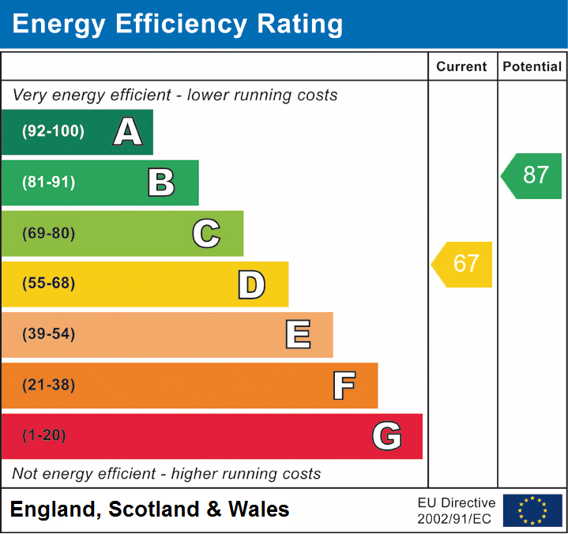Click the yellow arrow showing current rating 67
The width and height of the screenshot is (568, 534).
point(463,264)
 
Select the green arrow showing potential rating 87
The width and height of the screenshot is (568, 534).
point(532,175)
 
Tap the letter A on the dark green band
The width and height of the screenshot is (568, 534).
point(127,132)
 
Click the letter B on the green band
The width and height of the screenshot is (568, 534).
point(161,182)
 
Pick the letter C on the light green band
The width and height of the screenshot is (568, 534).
point(206,233)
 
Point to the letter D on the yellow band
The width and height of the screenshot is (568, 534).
point(251,284)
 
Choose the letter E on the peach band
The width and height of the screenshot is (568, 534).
point(297,335)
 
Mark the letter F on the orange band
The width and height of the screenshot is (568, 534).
point(343,385)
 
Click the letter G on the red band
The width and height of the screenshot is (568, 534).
point(387,436)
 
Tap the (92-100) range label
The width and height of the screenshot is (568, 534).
point(53,132)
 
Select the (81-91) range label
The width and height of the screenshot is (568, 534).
point(49,182)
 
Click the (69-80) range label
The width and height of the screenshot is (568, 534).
point(49,233)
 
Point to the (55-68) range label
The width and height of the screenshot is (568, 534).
point(49,284)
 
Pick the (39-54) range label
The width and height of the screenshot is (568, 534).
point(49,334)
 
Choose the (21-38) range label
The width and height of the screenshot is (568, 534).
point(49,385)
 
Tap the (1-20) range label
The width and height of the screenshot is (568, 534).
point(44,435)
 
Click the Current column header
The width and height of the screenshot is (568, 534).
point(463,67)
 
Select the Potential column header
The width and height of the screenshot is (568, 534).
point(532,67)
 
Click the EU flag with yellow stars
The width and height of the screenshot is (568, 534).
point(532,510)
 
